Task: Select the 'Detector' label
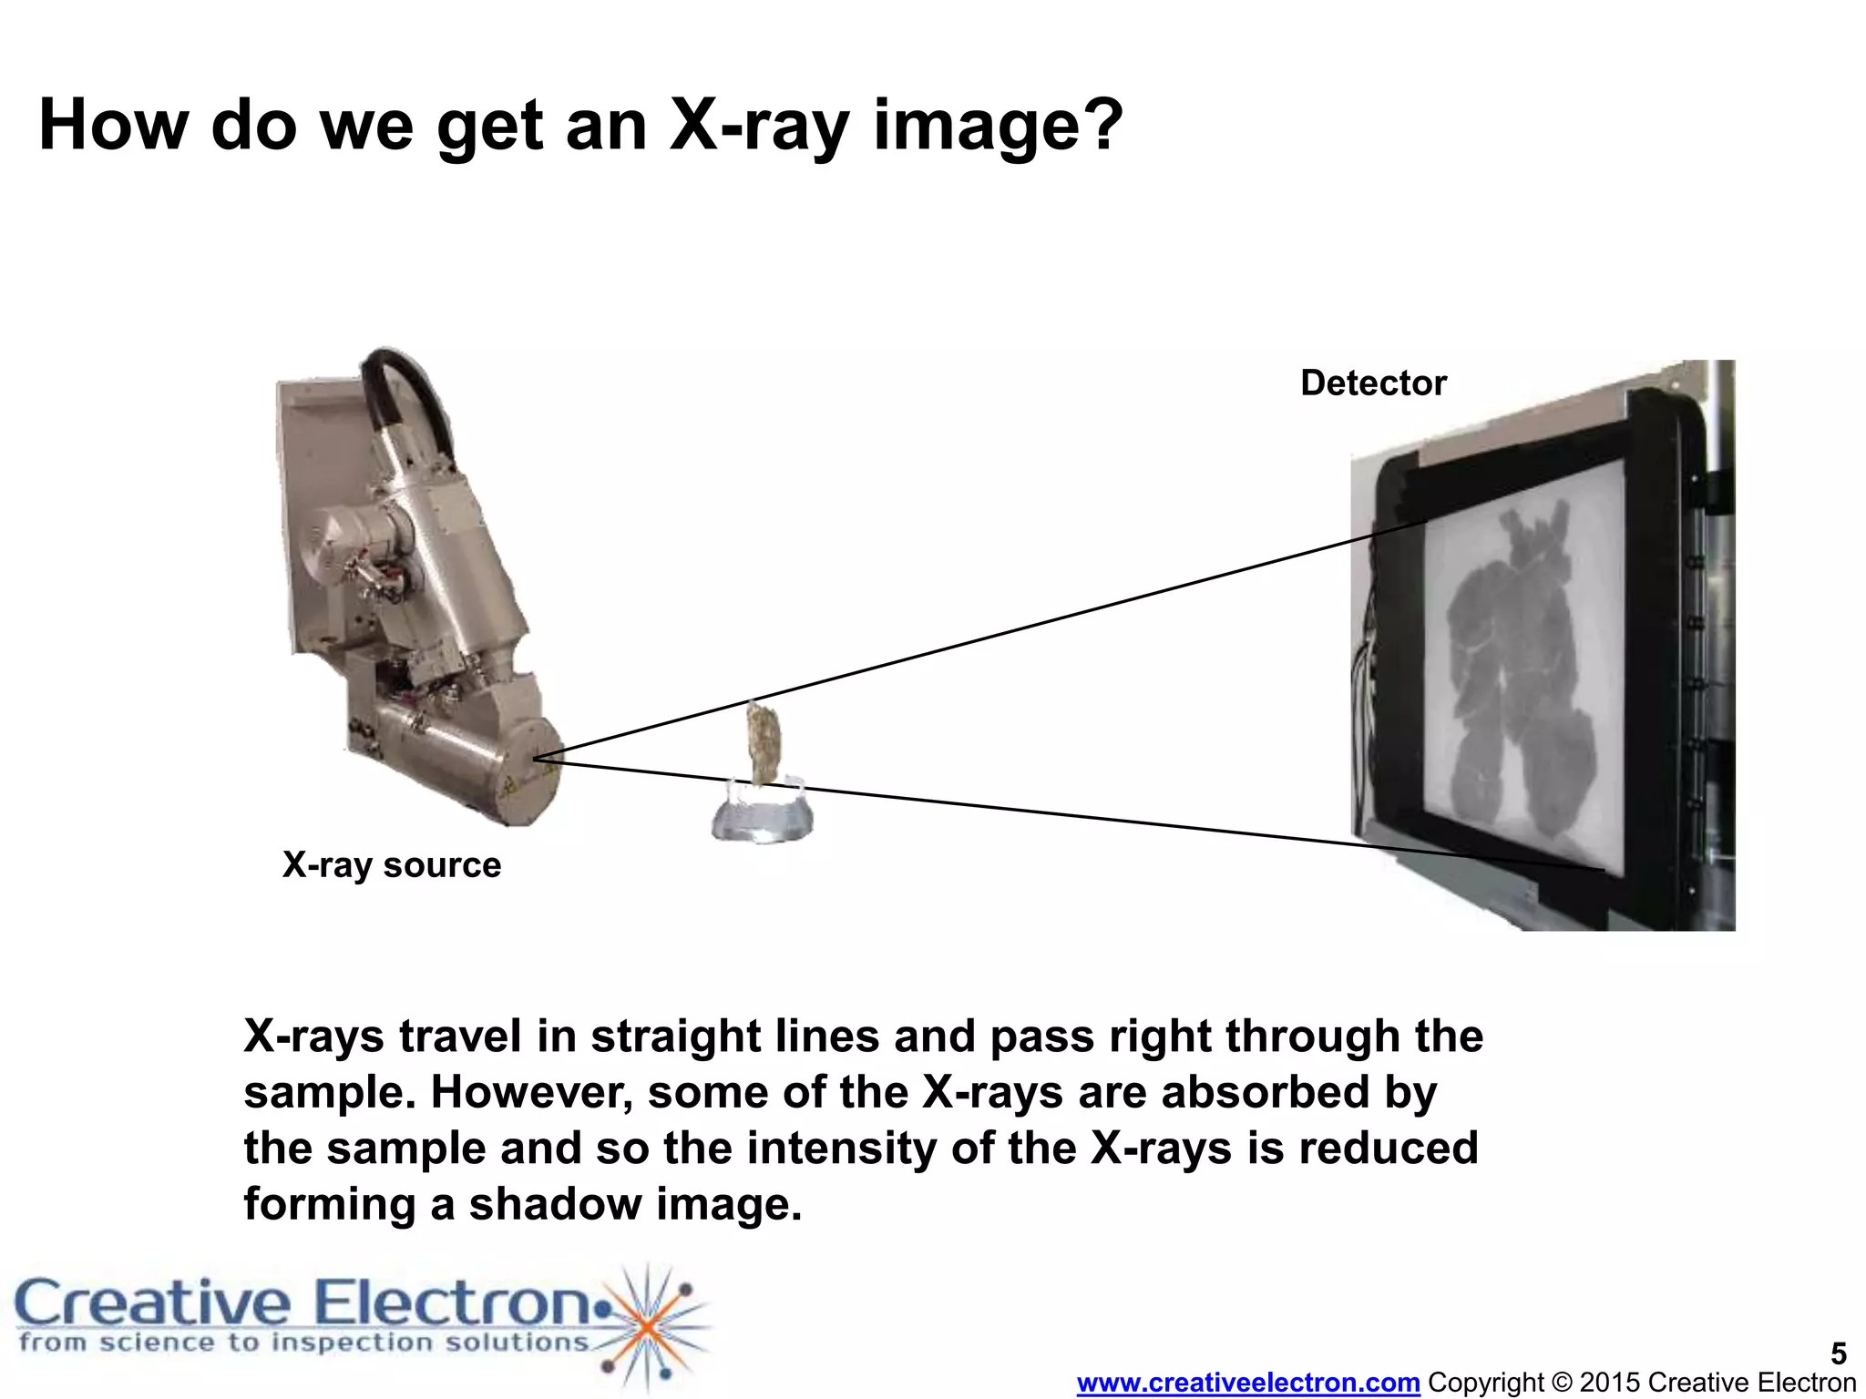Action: click(1373, 383)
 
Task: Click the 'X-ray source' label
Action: click(392, 865)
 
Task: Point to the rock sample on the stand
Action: click(764, 741)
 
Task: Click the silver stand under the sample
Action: click(763, 816)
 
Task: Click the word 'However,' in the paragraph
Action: click(531, 1092)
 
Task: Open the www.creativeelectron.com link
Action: click(1248, 1383)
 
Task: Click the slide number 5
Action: click(1839, 1353)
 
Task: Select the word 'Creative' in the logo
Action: click(153, 1304)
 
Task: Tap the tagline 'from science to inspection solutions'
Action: click(303, 1343)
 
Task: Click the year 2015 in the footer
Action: click(1611, 1383)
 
